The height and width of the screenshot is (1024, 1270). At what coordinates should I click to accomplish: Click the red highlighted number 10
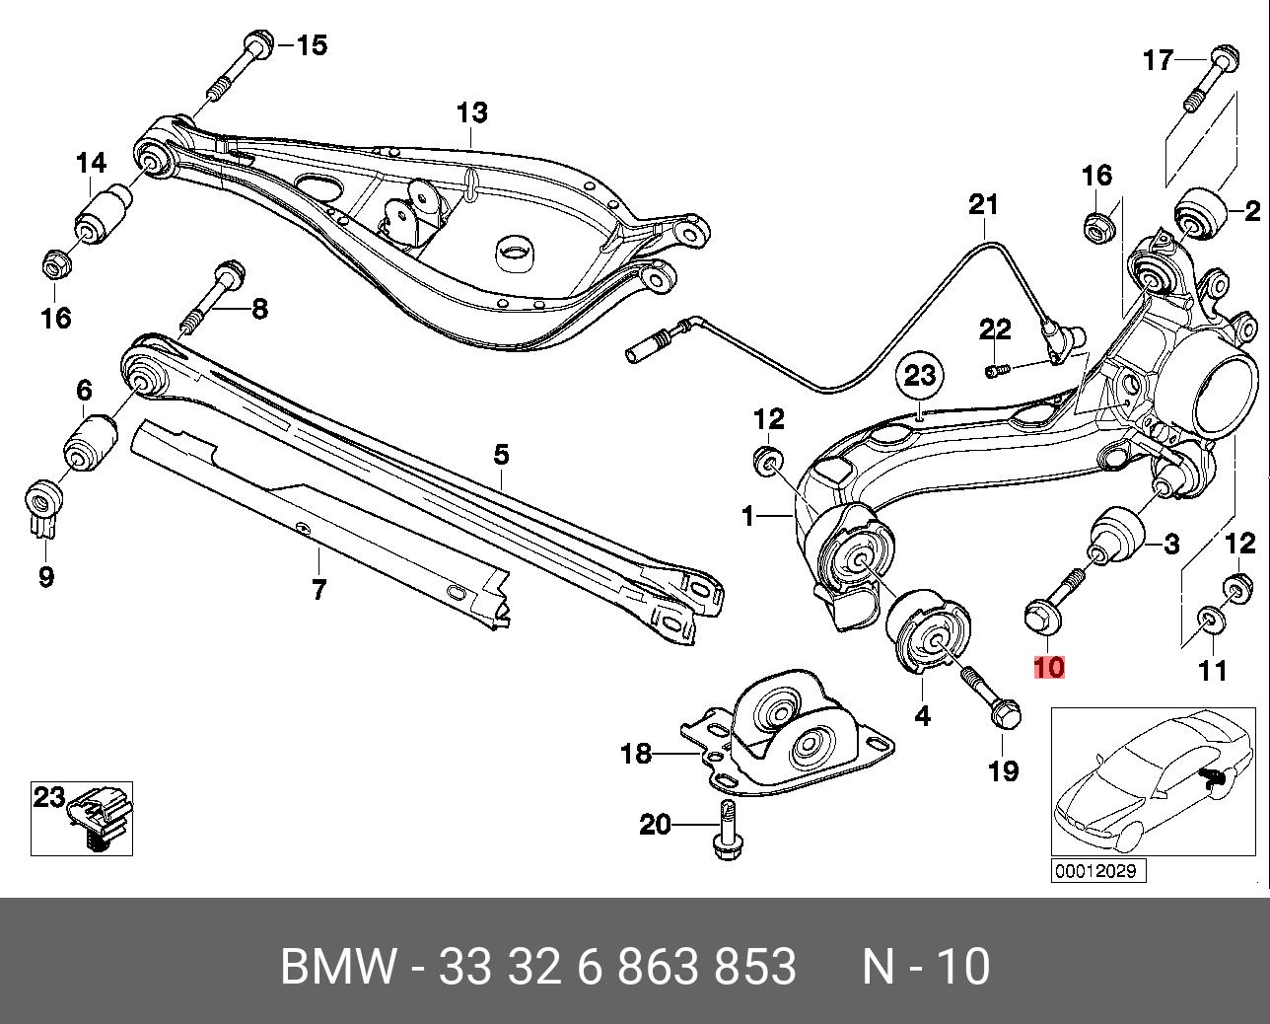tap(1049, 667)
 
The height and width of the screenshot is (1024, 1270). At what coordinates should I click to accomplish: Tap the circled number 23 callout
tap(919, 375)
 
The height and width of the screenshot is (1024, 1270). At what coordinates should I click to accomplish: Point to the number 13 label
tap(471, 112)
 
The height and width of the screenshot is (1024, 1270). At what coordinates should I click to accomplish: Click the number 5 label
tap(501, 455)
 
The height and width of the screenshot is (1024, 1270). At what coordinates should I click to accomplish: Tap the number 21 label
tap(982, 205)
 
